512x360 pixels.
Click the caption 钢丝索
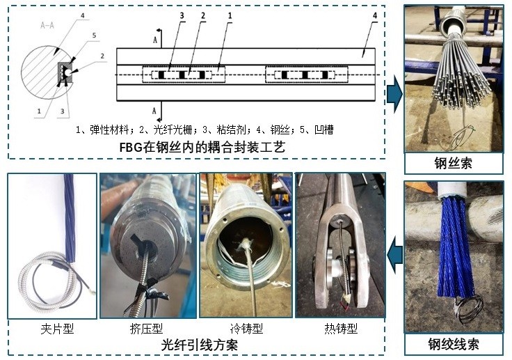[453, 163]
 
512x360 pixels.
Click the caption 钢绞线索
[454, 344]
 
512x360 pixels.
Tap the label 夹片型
[57, 328]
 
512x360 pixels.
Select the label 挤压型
[146, 328]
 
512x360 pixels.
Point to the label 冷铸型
[246, 328]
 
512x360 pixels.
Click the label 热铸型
[341, 328]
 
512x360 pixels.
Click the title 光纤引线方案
[199, 345]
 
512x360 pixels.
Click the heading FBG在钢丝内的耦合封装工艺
[202, 147]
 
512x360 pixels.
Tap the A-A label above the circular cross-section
[47, 25]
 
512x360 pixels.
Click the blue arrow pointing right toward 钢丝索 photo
[394, 94]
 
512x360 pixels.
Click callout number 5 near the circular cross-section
[94, 36]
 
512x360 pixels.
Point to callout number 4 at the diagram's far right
[375, 15]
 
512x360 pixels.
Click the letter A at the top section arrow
[155, 40]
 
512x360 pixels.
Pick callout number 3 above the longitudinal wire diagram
[182, 16]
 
